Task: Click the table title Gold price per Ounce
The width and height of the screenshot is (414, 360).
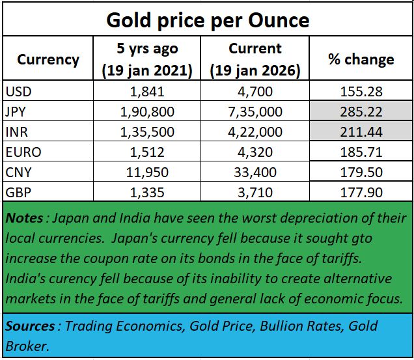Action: (x=207, y=20)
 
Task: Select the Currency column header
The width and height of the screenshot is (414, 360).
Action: (x=48, y=59)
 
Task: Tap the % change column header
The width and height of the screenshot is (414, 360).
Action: (x=361, y=59)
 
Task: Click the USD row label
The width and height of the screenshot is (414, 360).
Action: (x=18, y=91)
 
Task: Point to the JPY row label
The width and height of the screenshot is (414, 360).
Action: (x=16, y=111)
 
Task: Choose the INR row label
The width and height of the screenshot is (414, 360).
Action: (x=16, y=132)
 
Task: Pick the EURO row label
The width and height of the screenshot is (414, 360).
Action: (x=22, y=152)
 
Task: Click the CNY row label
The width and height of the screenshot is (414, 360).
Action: (x=18, y=172)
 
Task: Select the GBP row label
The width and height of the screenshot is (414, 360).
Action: (x=18, y=192)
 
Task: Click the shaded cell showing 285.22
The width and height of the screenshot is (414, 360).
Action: (x=361, y=111)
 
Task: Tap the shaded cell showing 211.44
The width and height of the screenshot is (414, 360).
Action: (x=361, y=132)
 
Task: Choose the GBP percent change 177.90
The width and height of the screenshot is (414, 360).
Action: (x=361, y=192)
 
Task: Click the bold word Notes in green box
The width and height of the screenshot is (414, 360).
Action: (x=24, y=219)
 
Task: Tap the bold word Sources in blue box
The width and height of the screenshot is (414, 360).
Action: (x=29, y=326)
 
